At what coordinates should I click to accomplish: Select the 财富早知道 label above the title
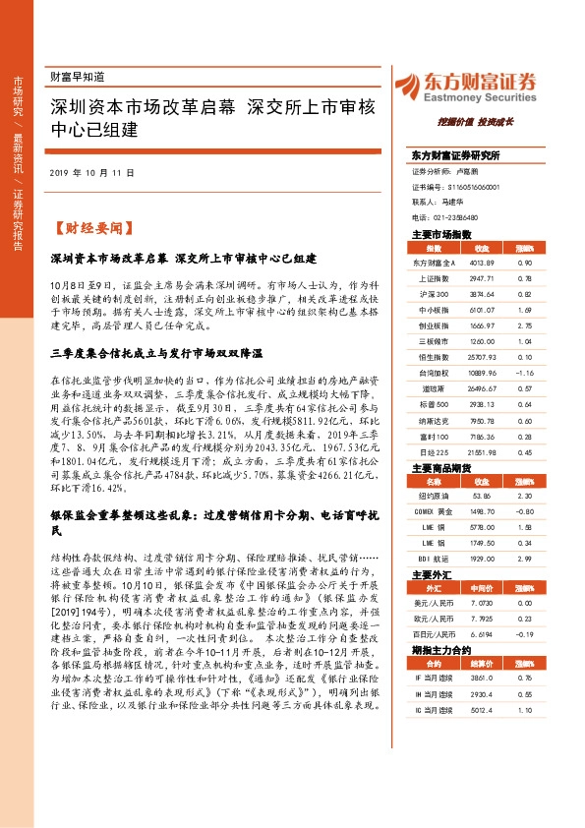click(x=76, y=75)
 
